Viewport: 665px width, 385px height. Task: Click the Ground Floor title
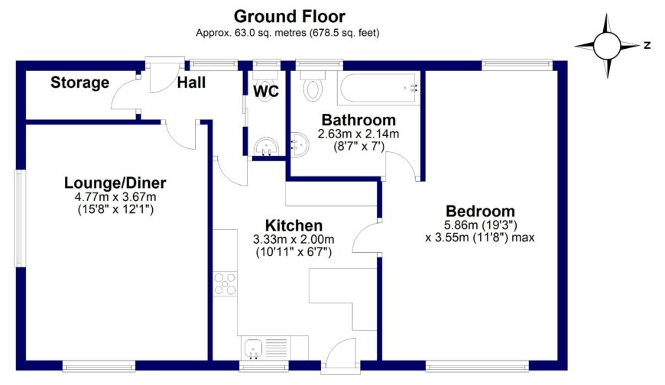pyautogui.click(x=289, y=16)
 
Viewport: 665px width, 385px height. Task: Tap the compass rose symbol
pyautogui.click(x=608, y=46)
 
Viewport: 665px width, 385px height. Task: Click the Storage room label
pyautogui.click(x=80, y=82)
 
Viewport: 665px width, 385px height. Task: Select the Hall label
pyautogui.click(x=191, y=82)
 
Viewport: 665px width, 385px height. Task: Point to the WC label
pyautogui.click(x=266, y=92)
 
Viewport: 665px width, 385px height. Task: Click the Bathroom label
pyautogui.click(x=358, y=120)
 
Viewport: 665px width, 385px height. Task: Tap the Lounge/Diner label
pyautogui.click(x=115, y=183)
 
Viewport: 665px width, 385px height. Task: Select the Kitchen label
pyautogui.click(x=294, y=225)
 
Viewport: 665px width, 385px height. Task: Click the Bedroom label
pyautogui.click(x=480, y=212)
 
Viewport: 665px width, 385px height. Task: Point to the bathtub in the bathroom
pyautogui.click(x=378, y=89)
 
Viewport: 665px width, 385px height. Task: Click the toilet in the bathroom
pyautogui.click(x=313, y=86)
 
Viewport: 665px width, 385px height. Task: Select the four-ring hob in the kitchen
pyautogui.click(x=225, y=283)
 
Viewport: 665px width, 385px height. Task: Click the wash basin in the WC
pyautogui.click(x=265, y=146)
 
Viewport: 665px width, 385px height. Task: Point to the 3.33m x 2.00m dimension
pyautogui.click(x=294, y=239)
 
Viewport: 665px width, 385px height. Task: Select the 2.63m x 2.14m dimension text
pyautogui.click(x=358, y=134)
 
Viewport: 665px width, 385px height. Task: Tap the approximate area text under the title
pyautogui.click(x=288, y=33)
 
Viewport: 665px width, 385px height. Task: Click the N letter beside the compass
pyautogui.click(x=647, y=46)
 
